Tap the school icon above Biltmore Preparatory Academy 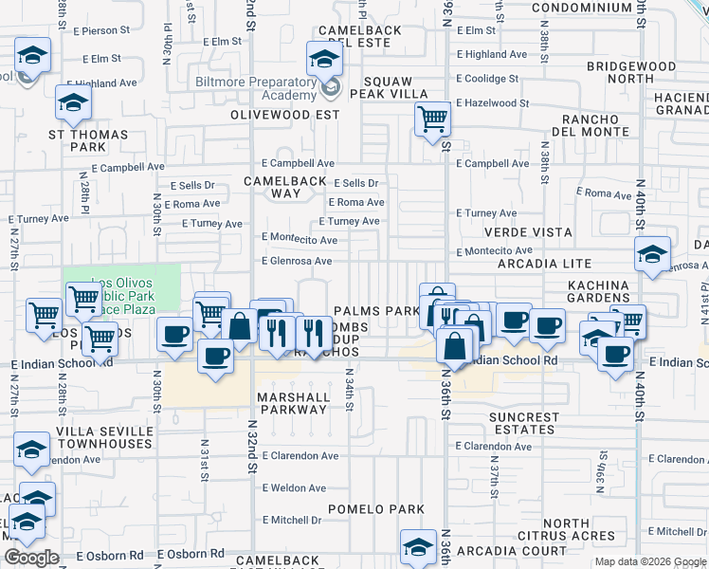(324, 61)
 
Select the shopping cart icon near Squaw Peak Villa (432, 119)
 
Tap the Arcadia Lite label (551, 264)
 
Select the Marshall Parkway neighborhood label (294, 403)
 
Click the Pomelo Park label (376, 509)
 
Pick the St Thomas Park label (88, 141)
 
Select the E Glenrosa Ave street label (297, 261)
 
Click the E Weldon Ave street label (294, 488)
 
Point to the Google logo (31, 558)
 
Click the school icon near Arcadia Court (417, 547)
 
